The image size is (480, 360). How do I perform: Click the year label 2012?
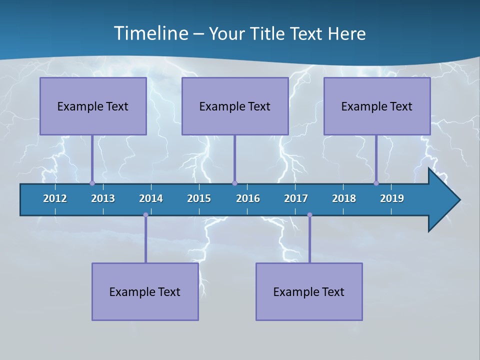[x=55, y=198]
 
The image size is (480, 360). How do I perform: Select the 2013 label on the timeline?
[x=103, y=198]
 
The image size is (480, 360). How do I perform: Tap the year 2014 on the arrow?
[x=151, y=198]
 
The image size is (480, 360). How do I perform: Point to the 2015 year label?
[x=199, y=198]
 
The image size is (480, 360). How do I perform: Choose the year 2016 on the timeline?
[x=248, y=198]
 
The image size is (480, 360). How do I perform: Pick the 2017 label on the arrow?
[x=296, y=198]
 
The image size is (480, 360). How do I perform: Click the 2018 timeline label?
[x=344, y=198]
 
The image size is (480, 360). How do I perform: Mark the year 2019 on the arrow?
[x=392, y=198]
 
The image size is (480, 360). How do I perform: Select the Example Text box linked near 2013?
[x=93, y=106]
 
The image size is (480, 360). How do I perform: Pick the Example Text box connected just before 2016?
[x=235, y=106]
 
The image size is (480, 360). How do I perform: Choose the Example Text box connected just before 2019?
[x=377, y=106]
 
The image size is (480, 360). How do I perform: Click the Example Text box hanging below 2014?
[x=145, y=291]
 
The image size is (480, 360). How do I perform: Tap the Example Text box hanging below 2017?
[x=309, y=291]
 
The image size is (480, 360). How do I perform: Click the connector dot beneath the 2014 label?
[x=145, y=215]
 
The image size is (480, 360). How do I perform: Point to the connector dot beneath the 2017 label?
[x=309, y=215]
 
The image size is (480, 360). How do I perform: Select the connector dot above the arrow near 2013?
[x=92, y=183]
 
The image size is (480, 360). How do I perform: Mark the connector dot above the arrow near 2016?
[x=234, y=183]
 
